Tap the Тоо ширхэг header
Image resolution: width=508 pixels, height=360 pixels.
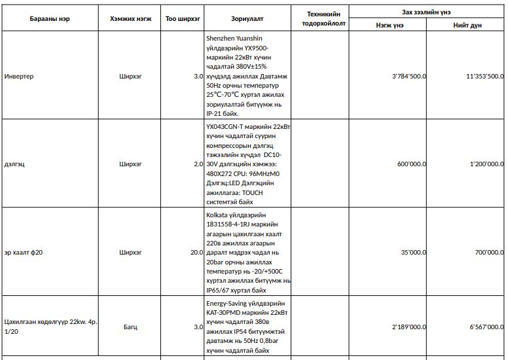[x=183, y=18]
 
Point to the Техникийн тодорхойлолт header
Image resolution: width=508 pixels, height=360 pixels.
[x=324, y=18]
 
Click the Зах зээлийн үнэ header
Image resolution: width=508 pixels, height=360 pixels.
[x=426, y=12]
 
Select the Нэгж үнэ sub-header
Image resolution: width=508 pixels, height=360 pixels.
[x=390, y=25]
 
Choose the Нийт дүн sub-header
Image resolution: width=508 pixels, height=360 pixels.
[x=467, y=25]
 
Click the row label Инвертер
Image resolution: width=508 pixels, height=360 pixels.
[x=19, y=77]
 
